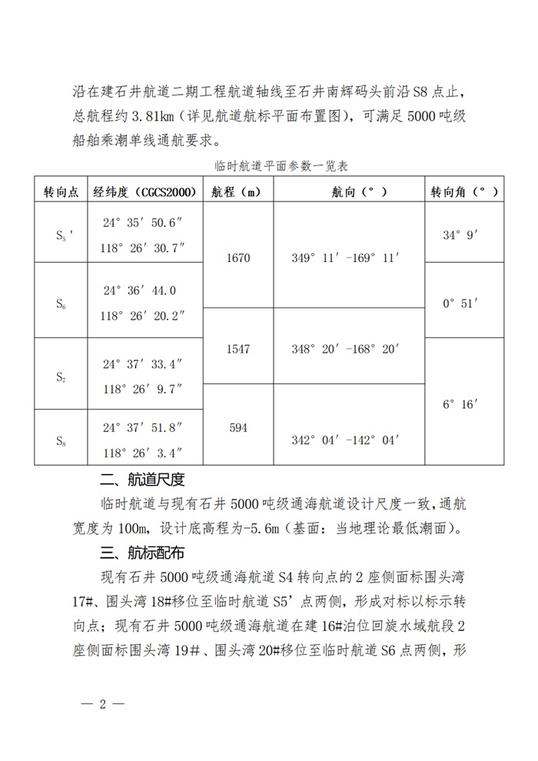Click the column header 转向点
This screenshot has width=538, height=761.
pos(61,191)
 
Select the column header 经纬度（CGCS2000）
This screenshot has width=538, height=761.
pos(144,191)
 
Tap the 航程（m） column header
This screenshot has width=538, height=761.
pos(238,191)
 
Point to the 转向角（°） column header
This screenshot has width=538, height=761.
pos(463,191)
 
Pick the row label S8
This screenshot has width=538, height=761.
pos(61,440)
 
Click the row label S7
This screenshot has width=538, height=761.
pos(61,377)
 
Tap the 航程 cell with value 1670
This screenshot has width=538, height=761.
pos(238,258)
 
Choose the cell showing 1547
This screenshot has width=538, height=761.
pos(238,349)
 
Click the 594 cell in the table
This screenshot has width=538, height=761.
pos(238,427)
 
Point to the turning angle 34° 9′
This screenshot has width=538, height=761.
pos(461,234)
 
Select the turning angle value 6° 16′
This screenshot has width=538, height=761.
pos(461,402)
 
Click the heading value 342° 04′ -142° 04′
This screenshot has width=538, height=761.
pos(346,440)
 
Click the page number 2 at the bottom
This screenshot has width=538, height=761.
pos(101,705)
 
